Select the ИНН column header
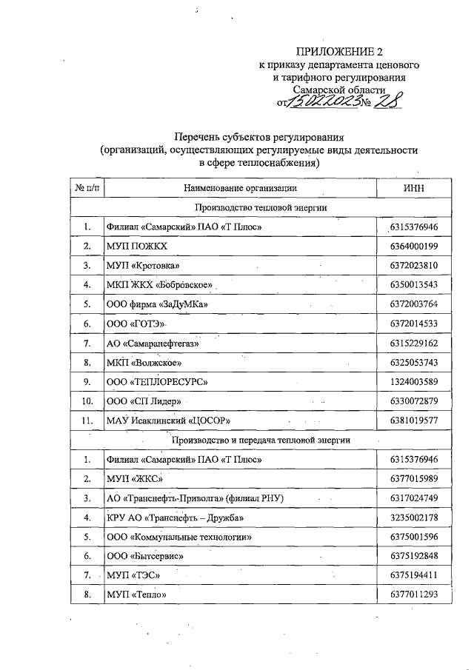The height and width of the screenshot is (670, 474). pos(415,189)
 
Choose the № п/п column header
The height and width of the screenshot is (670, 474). pos(87,189)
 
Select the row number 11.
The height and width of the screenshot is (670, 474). pos(87,421)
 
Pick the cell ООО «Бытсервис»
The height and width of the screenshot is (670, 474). pos(144,556)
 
